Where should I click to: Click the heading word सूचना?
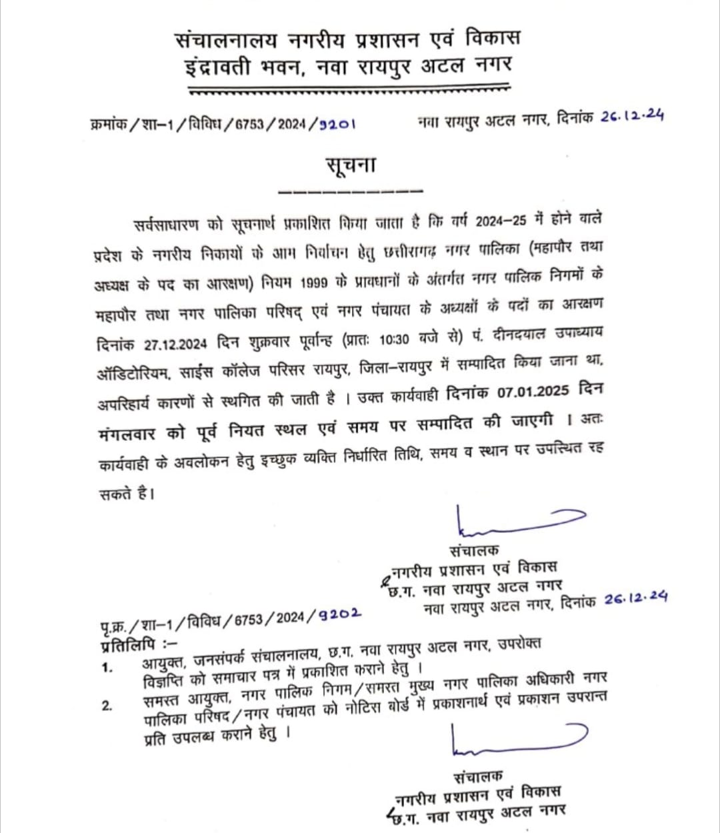tap(351, 164)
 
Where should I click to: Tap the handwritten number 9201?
tap(337, 124)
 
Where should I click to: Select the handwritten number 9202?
tap(340, 614)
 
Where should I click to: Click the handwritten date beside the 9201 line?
tap(631, 116)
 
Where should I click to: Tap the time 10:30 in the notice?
tap(393, 339)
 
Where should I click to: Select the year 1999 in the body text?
tap(313, 282)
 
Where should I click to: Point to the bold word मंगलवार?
tap(127, 434)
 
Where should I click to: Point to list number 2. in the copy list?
tap(107, 706)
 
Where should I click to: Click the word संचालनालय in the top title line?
tap(225, 40)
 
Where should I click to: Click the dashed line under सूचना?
tap(351, 192)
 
